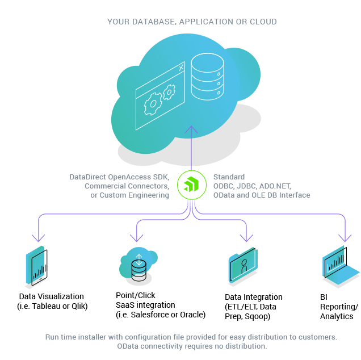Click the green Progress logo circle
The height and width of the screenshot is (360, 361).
[191, 185]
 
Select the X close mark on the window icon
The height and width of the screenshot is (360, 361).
[181, 68]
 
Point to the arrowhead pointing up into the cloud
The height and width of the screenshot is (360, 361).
[191, 131]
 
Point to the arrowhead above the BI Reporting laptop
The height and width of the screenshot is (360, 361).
[344, 238]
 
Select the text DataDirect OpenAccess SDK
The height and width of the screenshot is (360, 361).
[119, 177]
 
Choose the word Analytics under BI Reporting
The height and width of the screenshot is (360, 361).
[337, 316]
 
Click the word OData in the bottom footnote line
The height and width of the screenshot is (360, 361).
[128, 346]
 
